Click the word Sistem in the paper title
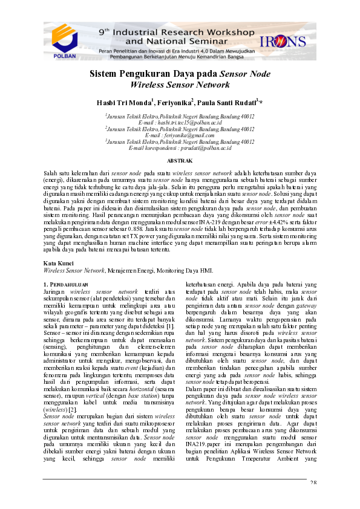click(103, 74)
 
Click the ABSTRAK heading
click(180, 161)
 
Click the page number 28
click(313, 499)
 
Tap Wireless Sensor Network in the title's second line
click(180, 85)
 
